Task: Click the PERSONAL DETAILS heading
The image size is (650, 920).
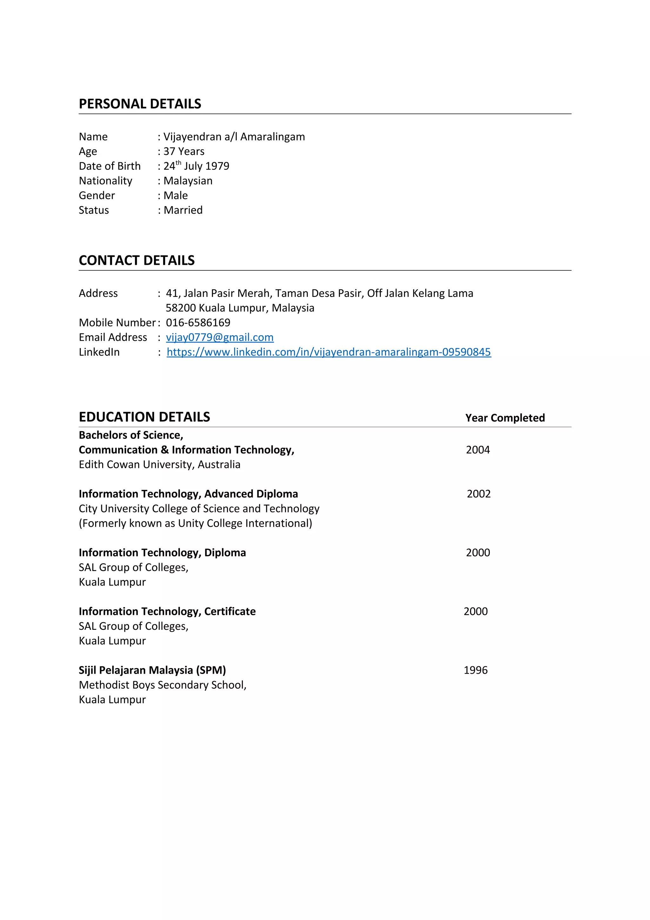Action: pos(140,104)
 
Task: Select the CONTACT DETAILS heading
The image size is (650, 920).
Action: pos(136,260)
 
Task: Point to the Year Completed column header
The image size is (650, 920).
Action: pos(505,418)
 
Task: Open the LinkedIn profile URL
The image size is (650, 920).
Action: pos(328,352)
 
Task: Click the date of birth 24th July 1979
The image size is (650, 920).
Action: pos(196,166)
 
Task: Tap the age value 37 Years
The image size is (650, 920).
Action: pos(184,151)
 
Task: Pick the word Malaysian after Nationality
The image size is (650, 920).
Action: pos(188,181)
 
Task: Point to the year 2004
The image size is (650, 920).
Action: pos(478,450)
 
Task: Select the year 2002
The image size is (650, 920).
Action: pos(479,494)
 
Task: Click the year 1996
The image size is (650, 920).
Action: pos(475,670)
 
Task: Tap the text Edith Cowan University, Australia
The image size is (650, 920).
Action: pos(159,465)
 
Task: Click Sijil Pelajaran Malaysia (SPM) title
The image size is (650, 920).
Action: pos(152,670)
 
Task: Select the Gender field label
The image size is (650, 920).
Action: pos(97,196)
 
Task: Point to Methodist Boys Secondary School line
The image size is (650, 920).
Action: pos(162,685)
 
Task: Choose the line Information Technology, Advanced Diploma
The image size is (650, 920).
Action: pos(188,494)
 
